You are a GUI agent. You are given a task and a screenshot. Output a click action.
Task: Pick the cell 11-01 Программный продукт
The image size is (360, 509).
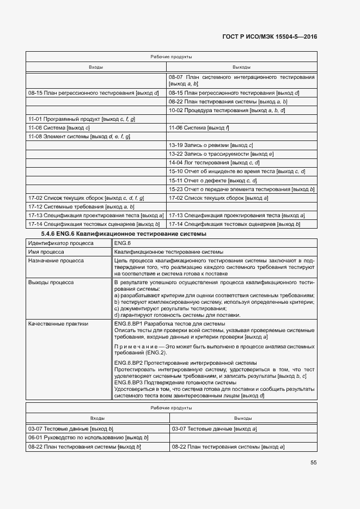coord(82,119)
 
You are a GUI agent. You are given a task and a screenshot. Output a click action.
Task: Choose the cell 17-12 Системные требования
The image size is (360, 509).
coord(81,207)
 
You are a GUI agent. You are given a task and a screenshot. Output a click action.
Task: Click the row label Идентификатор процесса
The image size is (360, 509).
coord(59,243)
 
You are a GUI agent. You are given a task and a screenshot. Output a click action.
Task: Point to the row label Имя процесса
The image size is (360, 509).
coord(46,252)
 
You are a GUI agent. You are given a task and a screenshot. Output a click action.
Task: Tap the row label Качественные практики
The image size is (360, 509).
coord(57,324)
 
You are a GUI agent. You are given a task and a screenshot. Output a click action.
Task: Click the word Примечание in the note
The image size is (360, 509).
coord(134,346)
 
